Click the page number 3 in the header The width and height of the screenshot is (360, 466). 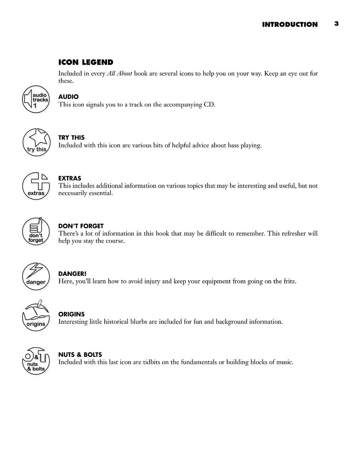(336, 24)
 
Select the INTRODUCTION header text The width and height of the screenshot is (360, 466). (290, 25)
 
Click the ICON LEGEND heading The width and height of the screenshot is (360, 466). (86, 63)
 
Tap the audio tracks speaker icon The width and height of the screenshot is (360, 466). (36, 100)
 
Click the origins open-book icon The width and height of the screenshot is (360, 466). (36, 316)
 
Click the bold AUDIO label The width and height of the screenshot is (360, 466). (68, 97)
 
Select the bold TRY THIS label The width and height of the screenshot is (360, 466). (71, 138)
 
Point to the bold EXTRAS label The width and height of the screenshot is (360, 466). (70, 178)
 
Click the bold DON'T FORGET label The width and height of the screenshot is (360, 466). (81, 226)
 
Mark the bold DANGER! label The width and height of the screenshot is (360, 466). (72, 274)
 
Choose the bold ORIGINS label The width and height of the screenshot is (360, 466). (71, 314)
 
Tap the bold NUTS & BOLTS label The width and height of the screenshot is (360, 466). (80, 355)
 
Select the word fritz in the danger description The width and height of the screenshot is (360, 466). (288, 281)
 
